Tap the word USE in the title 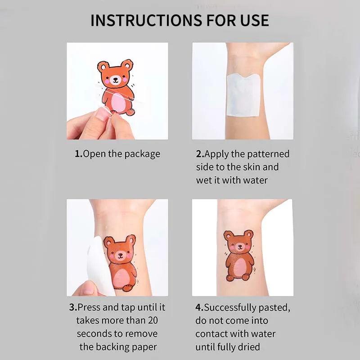coord(255,20)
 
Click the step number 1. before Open coord(78,154)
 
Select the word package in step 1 coord(142,154)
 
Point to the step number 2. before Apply coord(200,154)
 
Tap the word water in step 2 coord(255,180)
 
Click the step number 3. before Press coord(73,307)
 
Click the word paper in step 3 coord(144,347)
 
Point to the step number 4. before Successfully coord(199,307)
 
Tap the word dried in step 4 coord(249,346)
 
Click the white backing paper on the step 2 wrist coord(243,94)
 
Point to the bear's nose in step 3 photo coord(120,255)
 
